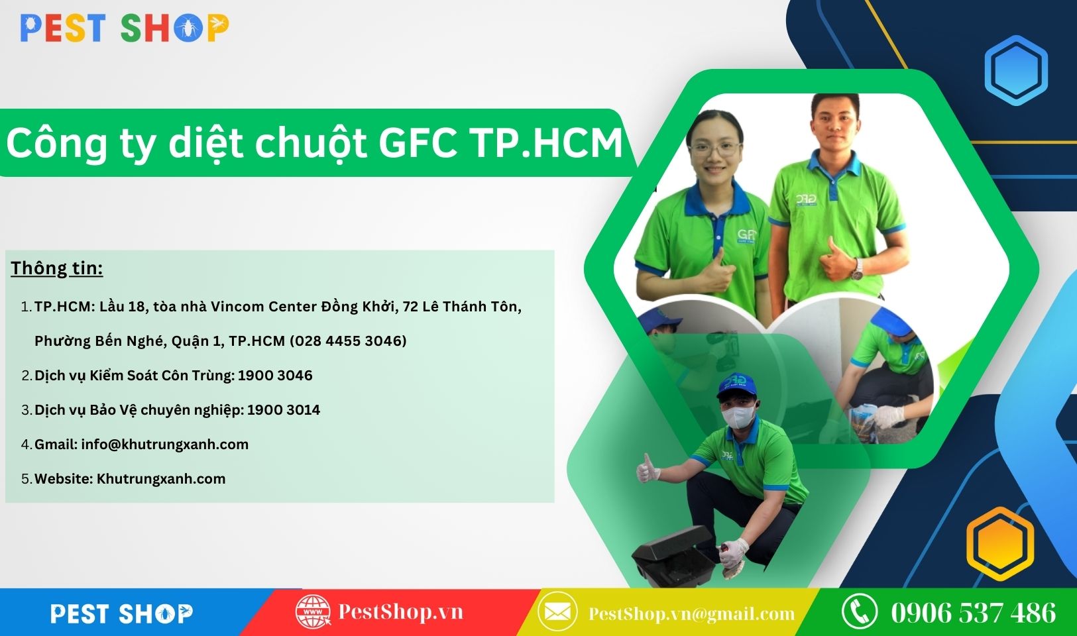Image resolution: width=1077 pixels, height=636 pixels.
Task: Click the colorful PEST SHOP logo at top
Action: [125, 28]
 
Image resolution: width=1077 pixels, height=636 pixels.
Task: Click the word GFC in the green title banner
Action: [418, 143]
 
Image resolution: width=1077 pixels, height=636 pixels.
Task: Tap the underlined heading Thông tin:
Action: [57, 268]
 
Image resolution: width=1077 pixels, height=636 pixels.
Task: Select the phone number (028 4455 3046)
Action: [348, 341]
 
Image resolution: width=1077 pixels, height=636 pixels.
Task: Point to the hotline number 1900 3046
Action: [275, 376]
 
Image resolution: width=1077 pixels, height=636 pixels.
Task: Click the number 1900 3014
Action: [284, 410]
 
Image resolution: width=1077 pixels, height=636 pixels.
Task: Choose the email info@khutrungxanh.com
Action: [164, 444]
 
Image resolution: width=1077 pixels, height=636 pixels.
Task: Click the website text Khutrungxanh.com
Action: [161, 479]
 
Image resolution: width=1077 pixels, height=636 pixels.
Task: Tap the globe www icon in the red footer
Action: [313, 611]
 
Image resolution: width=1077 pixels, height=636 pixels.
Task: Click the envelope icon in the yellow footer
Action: [557, 612]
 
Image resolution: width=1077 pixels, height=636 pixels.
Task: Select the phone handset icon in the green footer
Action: [860, 611]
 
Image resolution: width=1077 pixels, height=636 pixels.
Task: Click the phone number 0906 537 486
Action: [974, 613]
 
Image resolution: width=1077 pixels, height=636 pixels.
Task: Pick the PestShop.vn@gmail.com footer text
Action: [692, 614]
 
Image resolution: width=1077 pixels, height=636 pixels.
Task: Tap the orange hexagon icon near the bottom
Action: [1001, 544]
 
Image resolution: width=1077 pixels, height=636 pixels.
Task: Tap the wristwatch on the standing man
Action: [856, 270]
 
